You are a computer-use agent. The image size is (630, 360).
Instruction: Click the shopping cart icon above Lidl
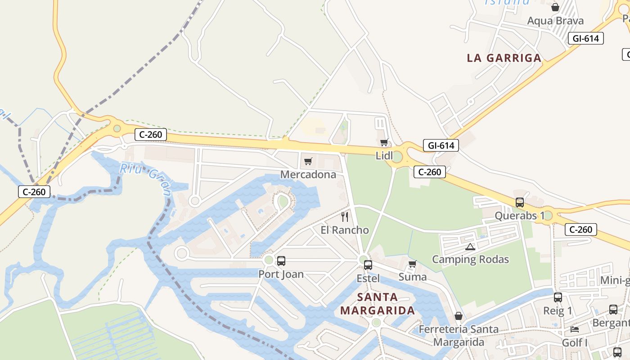pos(384,143)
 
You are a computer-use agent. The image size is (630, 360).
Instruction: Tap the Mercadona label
pos(308,174)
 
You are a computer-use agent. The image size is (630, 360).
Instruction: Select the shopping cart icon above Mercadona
pos(308,161)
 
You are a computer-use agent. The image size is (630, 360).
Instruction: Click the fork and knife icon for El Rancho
pos(345,217)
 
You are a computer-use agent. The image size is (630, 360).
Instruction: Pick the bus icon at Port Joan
pos(281,261)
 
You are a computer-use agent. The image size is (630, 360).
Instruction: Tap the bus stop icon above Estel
pos(368,265)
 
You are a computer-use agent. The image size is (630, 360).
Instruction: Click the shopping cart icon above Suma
pos(412,264)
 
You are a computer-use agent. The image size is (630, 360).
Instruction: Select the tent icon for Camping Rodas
pos(470,247)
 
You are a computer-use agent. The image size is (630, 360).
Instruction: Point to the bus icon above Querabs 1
pos(520,202)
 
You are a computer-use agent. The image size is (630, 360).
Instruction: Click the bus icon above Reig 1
pos(558,297)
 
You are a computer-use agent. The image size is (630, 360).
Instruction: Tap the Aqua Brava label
pos(555,21)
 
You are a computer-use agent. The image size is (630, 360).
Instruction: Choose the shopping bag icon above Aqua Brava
pos(555,7)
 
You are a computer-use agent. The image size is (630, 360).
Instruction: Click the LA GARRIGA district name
pos(504,58)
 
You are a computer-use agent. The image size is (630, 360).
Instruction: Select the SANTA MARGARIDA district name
pos(377,304)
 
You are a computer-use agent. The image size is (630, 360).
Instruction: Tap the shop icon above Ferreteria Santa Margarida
pos(459,316)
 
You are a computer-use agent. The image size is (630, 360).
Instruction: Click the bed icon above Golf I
pos(575,329)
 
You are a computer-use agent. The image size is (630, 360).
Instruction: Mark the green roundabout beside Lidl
pos(397,157)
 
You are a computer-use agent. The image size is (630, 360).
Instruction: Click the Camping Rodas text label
pos(470,259)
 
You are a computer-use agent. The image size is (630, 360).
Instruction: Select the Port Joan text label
pos(281,274)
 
